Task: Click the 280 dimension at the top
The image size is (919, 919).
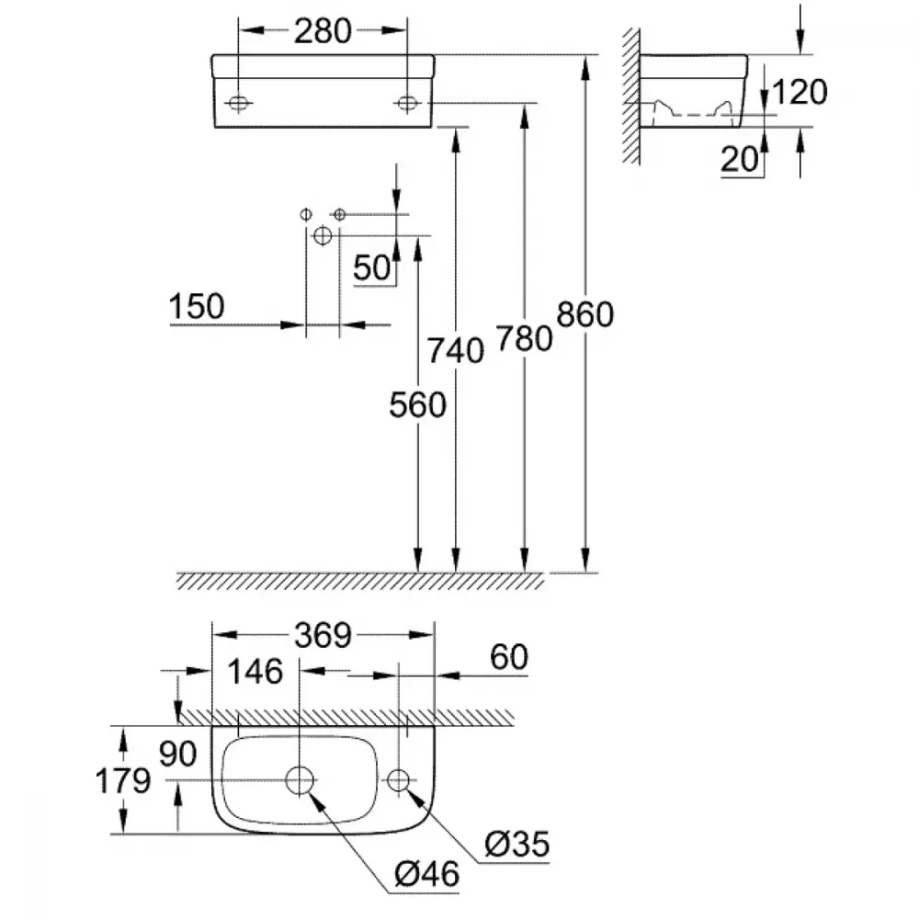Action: tap(323, 31)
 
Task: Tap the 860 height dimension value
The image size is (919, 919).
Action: tap(584, 314)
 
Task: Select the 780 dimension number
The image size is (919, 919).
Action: tap(525, 339)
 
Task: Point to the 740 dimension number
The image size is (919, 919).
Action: tap(456, 351)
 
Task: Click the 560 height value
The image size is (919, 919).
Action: tap(417, 405)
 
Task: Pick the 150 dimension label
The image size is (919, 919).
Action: tap(197, 307)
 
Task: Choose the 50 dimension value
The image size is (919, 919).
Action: tap(371, 267)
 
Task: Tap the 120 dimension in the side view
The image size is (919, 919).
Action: tap(800, 92)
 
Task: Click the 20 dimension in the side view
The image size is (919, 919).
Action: tap(739, 159)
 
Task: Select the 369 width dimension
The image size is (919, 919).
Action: tap(323, 635)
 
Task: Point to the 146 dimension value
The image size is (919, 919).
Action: tap(255, 672)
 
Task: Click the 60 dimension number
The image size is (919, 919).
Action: tap(509, 657)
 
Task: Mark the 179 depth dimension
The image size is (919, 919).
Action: tap(123, 780)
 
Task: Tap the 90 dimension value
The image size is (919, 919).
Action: tap(177, 754)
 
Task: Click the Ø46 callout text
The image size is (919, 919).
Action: tap(426, 875)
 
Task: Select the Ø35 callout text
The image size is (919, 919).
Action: tap(516, 845)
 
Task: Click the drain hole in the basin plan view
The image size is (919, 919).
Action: tap(300, 780)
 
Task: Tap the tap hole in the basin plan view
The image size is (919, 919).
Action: tap(399, 780)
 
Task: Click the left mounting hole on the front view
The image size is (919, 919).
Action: tap(238, 104)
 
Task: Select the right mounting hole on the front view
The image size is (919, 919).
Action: tap(406, 104)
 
